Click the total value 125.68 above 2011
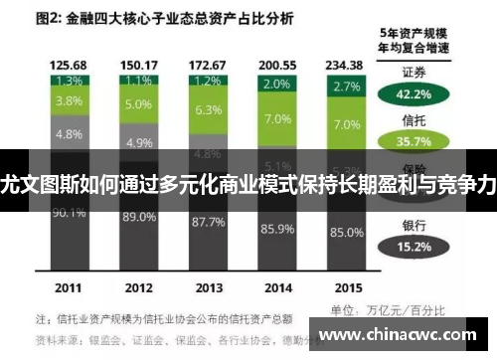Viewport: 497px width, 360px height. point(69,66)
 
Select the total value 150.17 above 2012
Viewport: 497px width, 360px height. point(138,66)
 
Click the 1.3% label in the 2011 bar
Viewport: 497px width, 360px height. point(69,81)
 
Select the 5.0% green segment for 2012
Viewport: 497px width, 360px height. point(138,103)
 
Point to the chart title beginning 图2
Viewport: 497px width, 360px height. point(163,18)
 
